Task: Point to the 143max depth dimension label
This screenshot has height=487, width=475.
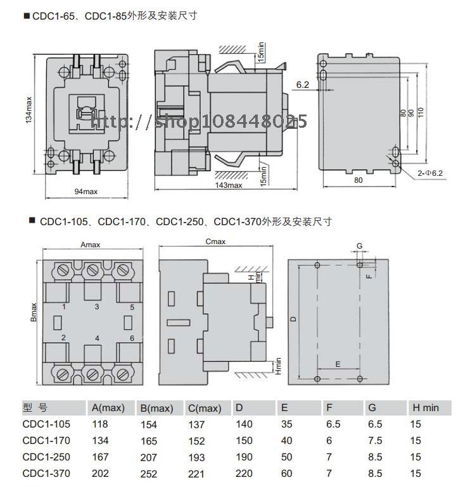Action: pyautogui.click(x=229, y=185)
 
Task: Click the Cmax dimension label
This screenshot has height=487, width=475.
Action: pyautogui.click(x=216, y=242)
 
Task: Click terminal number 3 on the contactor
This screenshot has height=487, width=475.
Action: pyautogui.click(x=96, y=307)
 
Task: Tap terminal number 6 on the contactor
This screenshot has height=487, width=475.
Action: pyautogui.click(x=132, y=338)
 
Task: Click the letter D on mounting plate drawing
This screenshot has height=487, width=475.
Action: pyautogui.click(x=293, y=319)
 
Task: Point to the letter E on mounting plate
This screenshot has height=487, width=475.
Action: pyautogui.click(x=338, y=365)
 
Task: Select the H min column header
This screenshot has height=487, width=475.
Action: pyautogui.click(x=425, y=408)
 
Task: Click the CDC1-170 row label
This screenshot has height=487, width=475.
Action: pyautogui.click(x=46, y=441)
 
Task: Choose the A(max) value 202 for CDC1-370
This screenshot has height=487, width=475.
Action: pyautogui.click(x=100, y=473)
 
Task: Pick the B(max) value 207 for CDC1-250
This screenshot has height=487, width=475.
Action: pyautogui.click(x=148, y=457)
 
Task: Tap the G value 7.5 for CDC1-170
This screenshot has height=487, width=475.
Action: pyautogui.click(x=376, y=441)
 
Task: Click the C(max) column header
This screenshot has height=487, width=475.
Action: pyautogui.click(x=205, y=409)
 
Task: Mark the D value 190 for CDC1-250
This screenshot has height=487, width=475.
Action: pyautogui.click(x=244, y=457)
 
